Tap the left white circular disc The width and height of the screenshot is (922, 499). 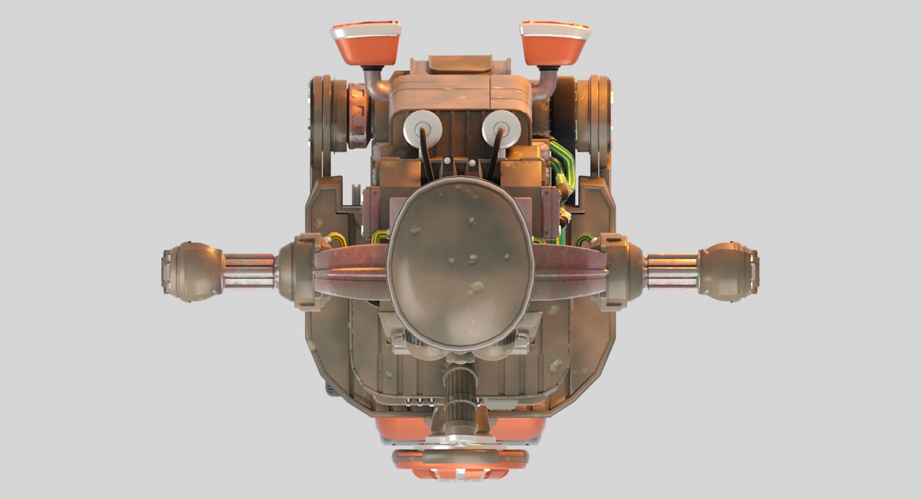423,127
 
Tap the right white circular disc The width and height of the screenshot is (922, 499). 501,127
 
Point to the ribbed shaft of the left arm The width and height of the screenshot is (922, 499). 249,272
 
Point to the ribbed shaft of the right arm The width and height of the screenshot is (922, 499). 671,272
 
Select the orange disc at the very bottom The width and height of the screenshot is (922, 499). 460,463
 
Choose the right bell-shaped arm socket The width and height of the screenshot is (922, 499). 627,269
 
